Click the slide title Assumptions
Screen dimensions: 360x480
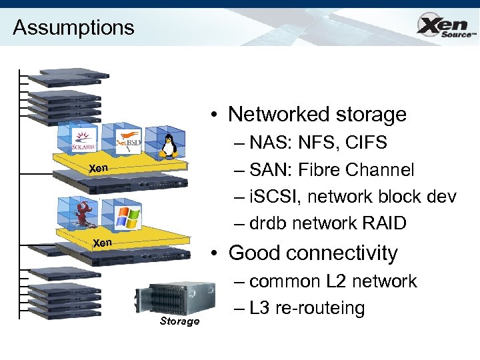pyautogui.click(x=73, y=27)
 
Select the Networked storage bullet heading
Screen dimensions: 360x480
pyautogui.click(x=317, y=114)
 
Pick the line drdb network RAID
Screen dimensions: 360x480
pyautogui.click(x=327, y=223)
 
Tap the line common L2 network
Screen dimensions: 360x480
pyautogui.click(x=333, y=281)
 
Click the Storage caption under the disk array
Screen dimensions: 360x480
pyautogui.click(x=179, y=321)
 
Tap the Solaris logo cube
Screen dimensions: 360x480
pyautogui.click(x=84, y=141)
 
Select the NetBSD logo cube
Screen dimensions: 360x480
pyautogui.click(x=127, y=141)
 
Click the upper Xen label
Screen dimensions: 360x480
pyautogui.click(x=98, y=169)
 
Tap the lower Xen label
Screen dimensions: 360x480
pyautogui.click(x=101, y=243)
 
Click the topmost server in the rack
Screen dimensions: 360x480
pyautogui.click(x=73, y=75)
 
